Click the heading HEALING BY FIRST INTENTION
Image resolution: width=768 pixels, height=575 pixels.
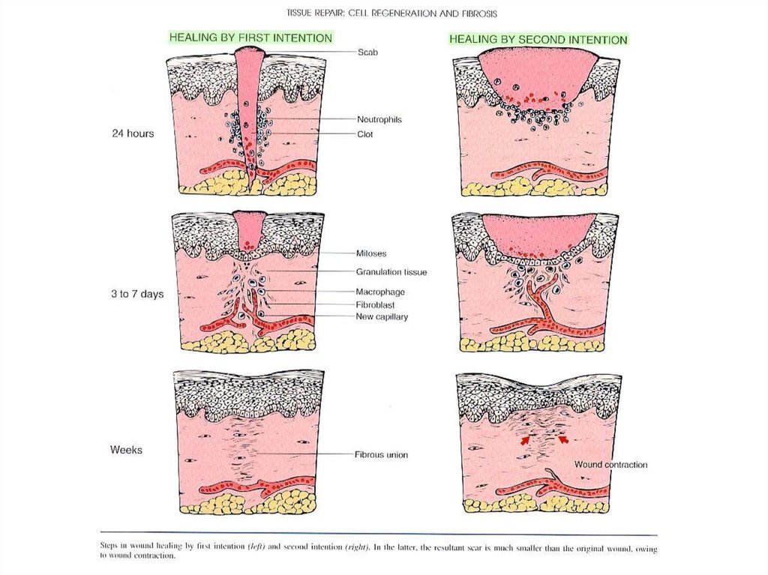coord(250,37)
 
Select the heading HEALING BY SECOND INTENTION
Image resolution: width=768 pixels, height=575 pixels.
coord(538,39)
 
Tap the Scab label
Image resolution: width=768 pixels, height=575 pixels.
coord(367,52)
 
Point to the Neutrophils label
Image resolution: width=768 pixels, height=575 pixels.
coord(379,119)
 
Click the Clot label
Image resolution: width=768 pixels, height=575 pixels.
coord(365,135)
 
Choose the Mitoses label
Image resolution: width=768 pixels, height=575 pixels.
coord(371,254)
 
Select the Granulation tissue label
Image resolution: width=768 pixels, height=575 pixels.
coord(391,272)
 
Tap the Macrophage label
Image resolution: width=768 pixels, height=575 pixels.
coord(379,291)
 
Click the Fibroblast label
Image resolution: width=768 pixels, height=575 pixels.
coord(375,304)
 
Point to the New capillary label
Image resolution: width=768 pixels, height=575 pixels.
coord(382,316)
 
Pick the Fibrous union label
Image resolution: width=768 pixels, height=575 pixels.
coord(381,454)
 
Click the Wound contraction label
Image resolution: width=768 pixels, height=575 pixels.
coord(610,465)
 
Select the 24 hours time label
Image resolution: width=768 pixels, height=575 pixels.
coord(133,133)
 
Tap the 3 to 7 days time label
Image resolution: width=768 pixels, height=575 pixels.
coord(137,295)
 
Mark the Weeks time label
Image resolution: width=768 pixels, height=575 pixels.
coord(126,450)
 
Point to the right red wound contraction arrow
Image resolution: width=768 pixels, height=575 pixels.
coord(561,440)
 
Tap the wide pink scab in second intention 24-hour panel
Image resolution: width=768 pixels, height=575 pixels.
coord(537,75)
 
